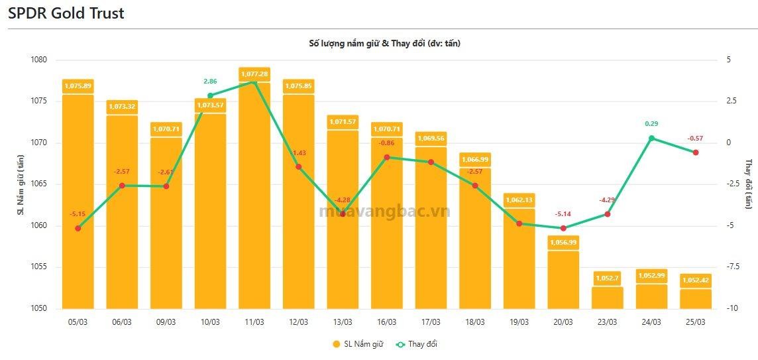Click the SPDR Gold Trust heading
66,13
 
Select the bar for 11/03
254,199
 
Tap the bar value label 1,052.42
695,279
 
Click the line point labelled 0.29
651,138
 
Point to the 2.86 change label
210,81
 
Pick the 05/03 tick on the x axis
78,322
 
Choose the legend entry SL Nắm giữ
358,344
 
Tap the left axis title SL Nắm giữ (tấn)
21,184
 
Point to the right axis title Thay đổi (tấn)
749,184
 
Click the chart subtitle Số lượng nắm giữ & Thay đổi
384,44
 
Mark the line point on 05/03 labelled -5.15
78,228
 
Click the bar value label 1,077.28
254,74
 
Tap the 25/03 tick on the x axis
695,322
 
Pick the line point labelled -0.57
695,152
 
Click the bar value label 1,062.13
519,198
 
